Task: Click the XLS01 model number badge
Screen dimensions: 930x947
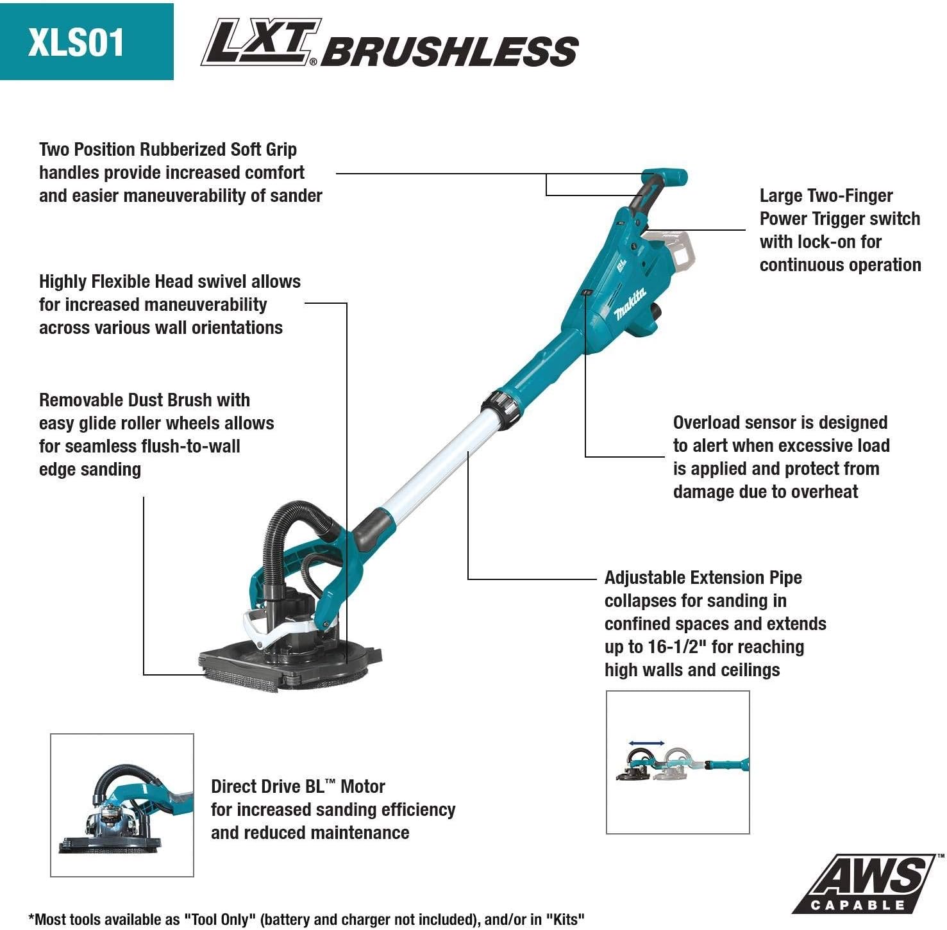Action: click(x=77, y=42)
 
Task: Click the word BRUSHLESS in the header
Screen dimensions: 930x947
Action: click(x=449, y=51)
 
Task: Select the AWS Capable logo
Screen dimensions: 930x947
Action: click(x=866, y=884)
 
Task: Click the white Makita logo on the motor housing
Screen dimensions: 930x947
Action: click(x=630, y=304)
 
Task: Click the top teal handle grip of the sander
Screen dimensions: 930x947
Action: click(x=665, y=177)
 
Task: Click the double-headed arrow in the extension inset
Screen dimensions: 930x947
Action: click(x=646, y=743)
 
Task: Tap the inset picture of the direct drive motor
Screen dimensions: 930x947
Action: click(x=122, y=805)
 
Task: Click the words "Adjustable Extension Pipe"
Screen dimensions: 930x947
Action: click(x=703, y=577)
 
